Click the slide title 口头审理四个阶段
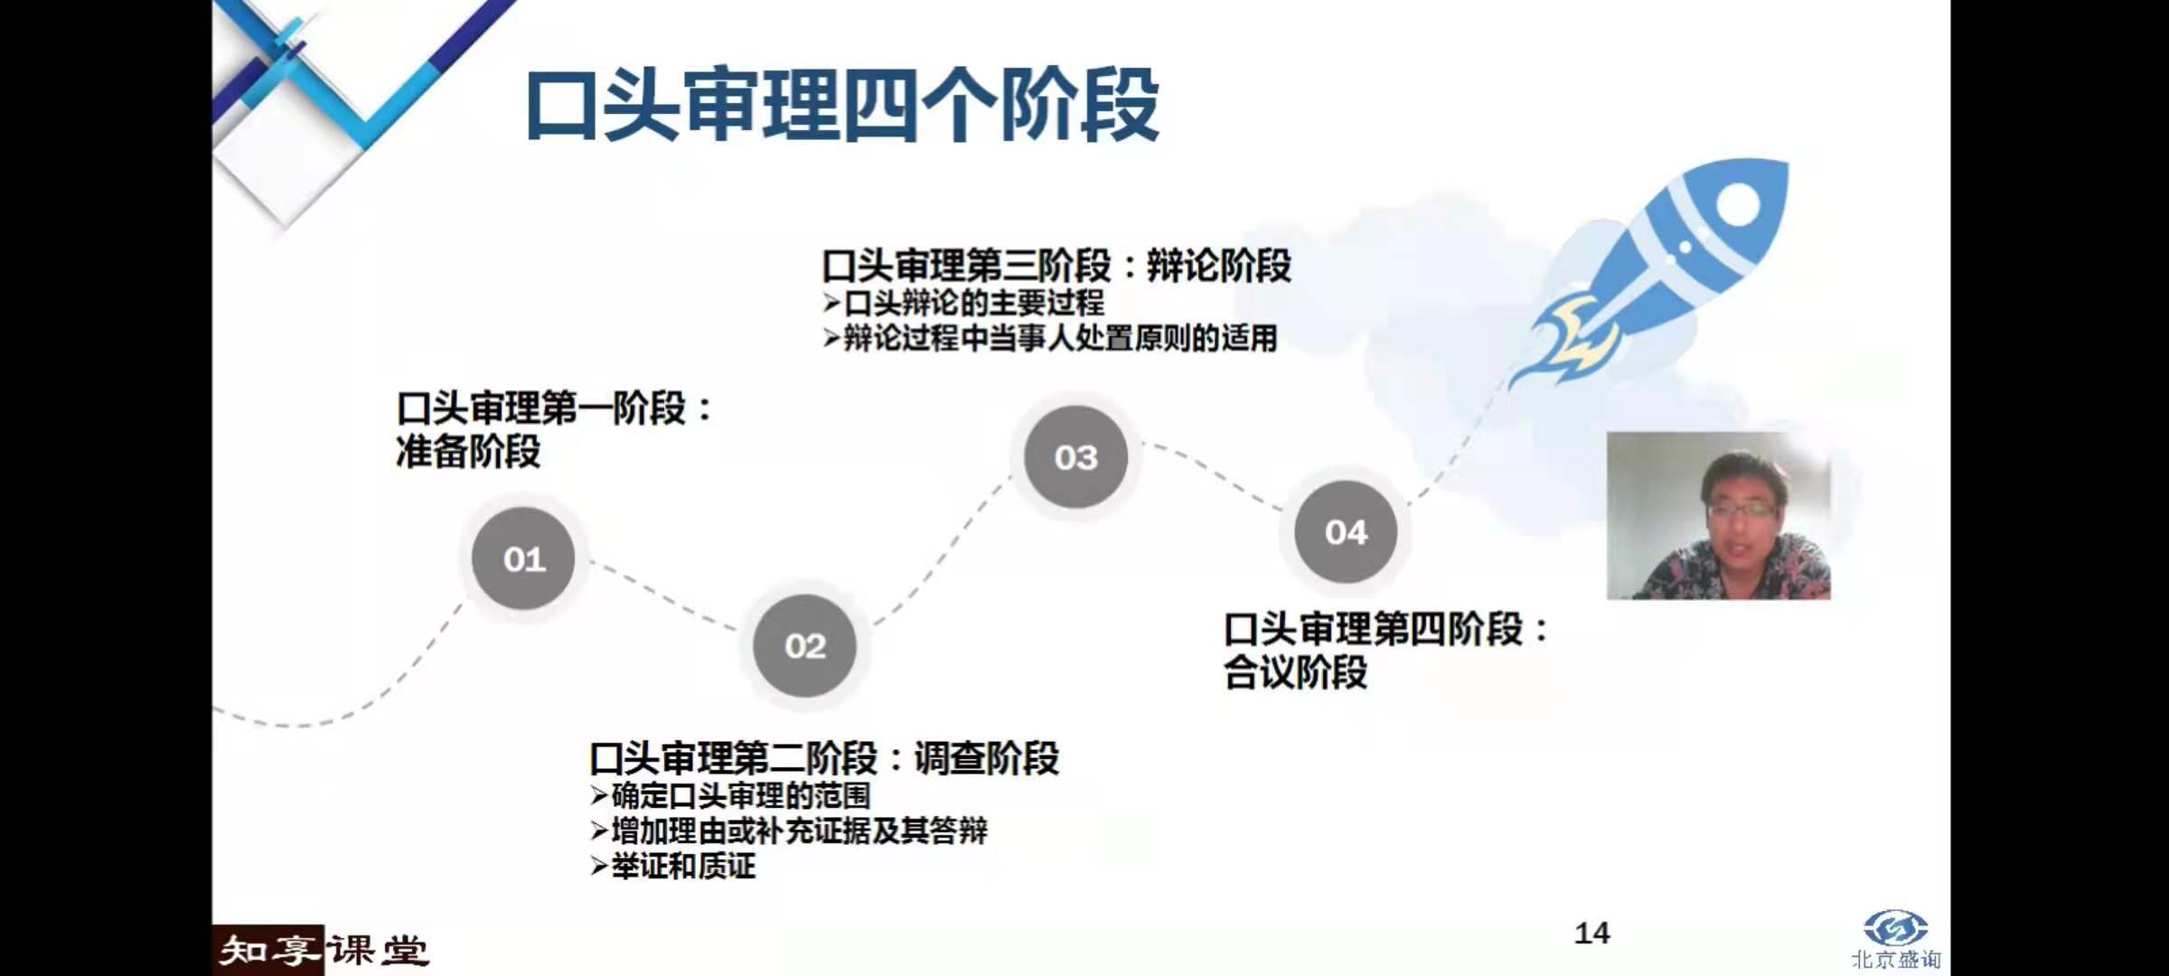[x=841, y=106]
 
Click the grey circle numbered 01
[x=523, y=558]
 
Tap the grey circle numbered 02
[x=804, y=645]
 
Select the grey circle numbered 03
[x=1075, y=457]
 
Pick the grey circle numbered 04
[x=1346, y=532]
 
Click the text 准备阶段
[x=468, y=452]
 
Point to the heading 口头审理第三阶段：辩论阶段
[x=1056, y=266]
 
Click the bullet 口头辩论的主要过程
[x=972, y=303]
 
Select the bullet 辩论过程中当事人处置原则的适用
[x=1059, y=339]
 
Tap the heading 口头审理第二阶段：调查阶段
[x=823, y=758]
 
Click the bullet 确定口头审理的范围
[x=740, y=795]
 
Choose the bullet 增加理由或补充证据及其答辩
[x=798, y=831]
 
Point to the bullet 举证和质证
[x=682, y=866]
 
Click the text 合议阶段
[x=1295, y=672]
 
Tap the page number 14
[x=1592, y=933]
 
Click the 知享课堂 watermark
[x=322, y=950]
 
